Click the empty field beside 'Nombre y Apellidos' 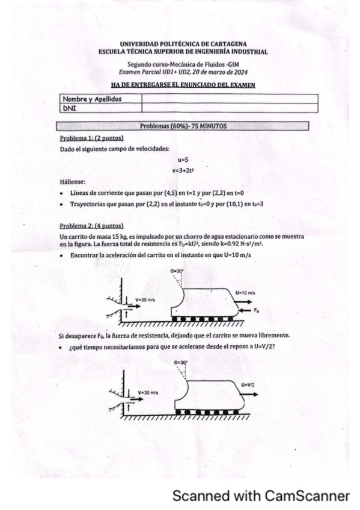click(228, 99)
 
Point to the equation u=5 click(183, 160)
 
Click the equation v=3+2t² click(183, 170)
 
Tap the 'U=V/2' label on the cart click(248, 385)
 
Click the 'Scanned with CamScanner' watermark click(260, 496)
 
